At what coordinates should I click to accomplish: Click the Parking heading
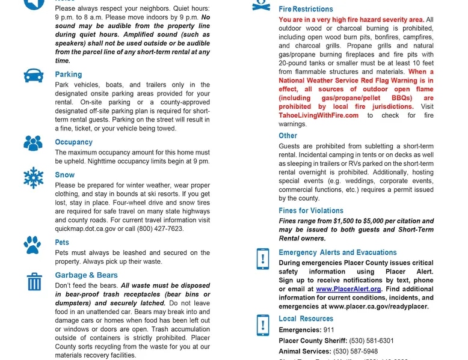(69, 75)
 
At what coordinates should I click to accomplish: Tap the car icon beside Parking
(34, 76)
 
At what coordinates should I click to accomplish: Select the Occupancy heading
(74, 142)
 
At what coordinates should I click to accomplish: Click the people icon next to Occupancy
(33, 143)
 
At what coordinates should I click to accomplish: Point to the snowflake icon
(34, 178)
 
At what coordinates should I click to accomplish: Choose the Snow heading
(65, 175)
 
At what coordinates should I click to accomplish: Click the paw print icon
(33, 245)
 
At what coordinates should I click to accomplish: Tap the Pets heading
(63, 243)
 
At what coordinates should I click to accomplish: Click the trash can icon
(34, 281)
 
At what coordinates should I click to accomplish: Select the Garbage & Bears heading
(87, 275)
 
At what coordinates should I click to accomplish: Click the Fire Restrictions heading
(306, 10)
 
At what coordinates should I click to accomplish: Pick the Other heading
(288, 136)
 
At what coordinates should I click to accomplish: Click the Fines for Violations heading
(311, 211)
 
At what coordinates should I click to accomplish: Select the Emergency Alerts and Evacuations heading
(337, 252)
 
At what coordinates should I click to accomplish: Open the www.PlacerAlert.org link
(349, 289)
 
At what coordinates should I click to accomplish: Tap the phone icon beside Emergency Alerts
(263, 258)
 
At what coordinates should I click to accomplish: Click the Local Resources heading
(306, 319)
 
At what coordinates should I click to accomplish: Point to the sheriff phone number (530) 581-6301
(372, 341)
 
